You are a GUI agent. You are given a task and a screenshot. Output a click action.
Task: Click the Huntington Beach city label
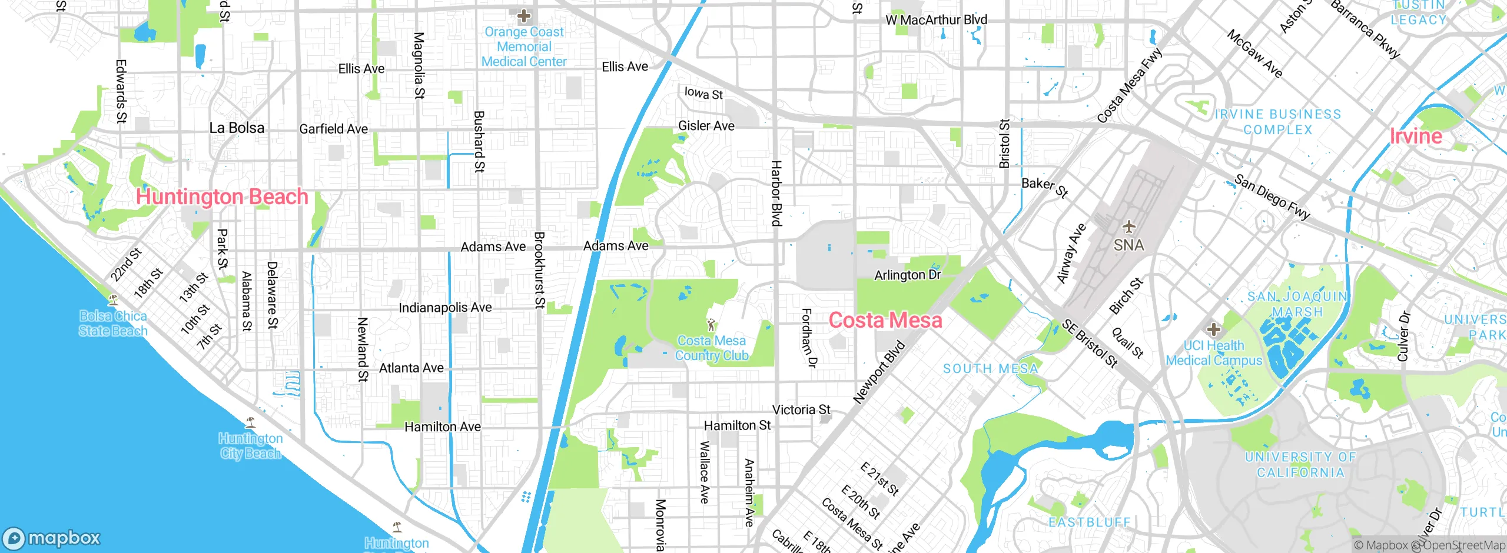point(222,196)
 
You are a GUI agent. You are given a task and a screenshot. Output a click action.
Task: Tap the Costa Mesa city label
point(885,320)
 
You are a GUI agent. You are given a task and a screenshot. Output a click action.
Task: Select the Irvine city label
point(1416,136)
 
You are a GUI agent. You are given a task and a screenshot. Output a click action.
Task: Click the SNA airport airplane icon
point(1128,226)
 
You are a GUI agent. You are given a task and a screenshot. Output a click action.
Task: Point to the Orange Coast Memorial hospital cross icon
point(524,16)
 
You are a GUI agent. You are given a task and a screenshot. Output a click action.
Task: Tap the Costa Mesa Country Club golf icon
point(711,324)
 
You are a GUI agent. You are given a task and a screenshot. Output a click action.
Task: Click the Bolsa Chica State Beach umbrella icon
point(113,299)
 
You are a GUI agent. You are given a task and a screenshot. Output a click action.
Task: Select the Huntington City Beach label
point(251,446)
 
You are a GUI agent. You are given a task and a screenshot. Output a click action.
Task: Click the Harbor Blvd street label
point(777,193)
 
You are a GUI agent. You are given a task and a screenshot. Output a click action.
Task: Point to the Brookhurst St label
point(539,270)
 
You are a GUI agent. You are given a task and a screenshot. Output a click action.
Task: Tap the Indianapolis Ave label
point(445,308)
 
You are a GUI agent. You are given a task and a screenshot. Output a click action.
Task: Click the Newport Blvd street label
point(879,372)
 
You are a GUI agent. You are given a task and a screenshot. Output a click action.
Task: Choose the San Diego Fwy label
point(1272,198)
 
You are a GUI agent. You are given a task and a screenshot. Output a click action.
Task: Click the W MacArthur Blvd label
point(936,20)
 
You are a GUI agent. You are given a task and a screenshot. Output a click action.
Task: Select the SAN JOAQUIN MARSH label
point(1297,304)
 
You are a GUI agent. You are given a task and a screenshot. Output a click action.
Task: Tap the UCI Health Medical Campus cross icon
point(1213,329)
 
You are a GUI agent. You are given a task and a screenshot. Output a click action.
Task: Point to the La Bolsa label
point(237,128)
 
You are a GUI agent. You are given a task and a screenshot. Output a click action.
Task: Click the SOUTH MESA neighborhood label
point(990,369)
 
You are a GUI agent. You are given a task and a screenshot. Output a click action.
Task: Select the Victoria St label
point(801,409)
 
